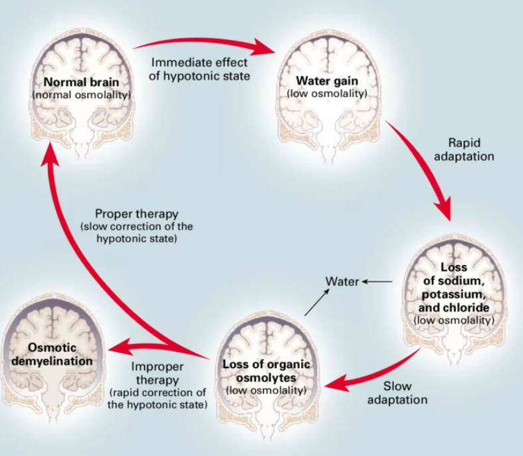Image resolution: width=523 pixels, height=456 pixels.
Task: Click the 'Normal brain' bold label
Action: pos(81,82)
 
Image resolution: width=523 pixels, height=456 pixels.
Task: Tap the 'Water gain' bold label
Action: pos(327,81)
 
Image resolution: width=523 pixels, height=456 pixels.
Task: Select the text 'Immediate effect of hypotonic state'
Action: pos(199,69)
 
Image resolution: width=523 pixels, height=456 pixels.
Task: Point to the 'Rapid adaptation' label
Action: pos(464,149)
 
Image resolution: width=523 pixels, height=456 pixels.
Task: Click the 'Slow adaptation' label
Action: pos(397,393)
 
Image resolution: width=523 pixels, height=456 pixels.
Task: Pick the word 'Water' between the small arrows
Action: pos(342,282)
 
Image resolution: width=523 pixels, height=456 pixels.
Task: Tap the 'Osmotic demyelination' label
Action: pos(52,354)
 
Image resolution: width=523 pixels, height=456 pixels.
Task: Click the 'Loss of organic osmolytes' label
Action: pos(266,371)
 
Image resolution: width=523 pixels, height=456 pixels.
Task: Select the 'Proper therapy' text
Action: pos(137,214)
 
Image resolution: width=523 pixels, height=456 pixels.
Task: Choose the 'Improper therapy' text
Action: pos(157,373)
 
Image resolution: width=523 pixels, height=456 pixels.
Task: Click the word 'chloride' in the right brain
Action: pos(454,308)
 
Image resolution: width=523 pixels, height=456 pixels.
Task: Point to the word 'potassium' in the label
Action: pos(453,294)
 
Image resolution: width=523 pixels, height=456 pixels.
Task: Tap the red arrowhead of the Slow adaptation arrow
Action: pos(336,383)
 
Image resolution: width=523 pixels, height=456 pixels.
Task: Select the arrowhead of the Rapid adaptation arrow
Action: pos(443,209)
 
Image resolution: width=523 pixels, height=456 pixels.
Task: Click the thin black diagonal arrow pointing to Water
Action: pos(317,302)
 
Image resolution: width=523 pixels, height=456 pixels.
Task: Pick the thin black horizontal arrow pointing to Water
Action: pos(377,282)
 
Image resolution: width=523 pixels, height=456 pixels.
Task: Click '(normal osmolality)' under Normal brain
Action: pos(81,95)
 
